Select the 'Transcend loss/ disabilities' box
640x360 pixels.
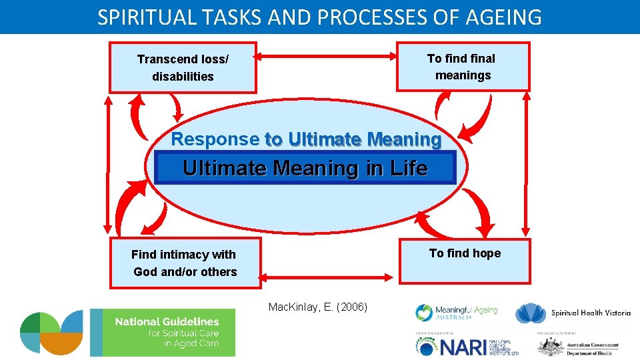[183, 67]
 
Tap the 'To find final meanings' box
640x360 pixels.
[463, 67]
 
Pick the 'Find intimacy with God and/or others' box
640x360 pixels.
[185, 263]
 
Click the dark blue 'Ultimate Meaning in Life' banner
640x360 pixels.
[305, 167]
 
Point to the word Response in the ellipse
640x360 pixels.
[215, 139]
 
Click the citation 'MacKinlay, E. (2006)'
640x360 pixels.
[323, 307]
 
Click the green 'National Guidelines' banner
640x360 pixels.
[163, 332]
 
